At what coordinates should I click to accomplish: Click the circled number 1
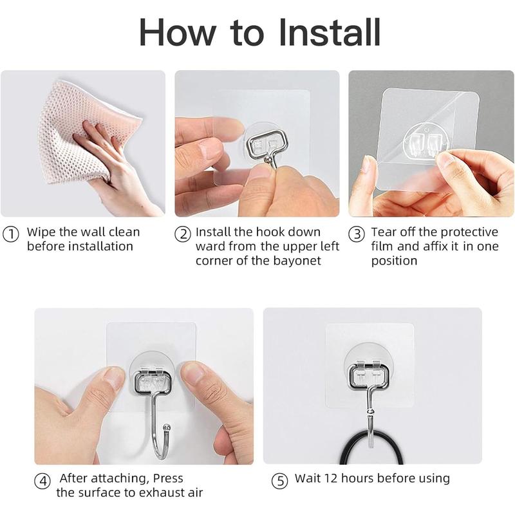point(11,234)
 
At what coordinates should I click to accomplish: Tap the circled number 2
point(183,234)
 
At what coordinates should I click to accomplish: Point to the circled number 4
point(43,480)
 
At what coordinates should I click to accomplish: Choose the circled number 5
point(279,480)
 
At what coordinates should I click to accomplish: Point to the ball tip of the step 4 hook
point(167,427)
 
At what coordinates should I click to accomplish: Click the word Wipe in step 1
point(41,232)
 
